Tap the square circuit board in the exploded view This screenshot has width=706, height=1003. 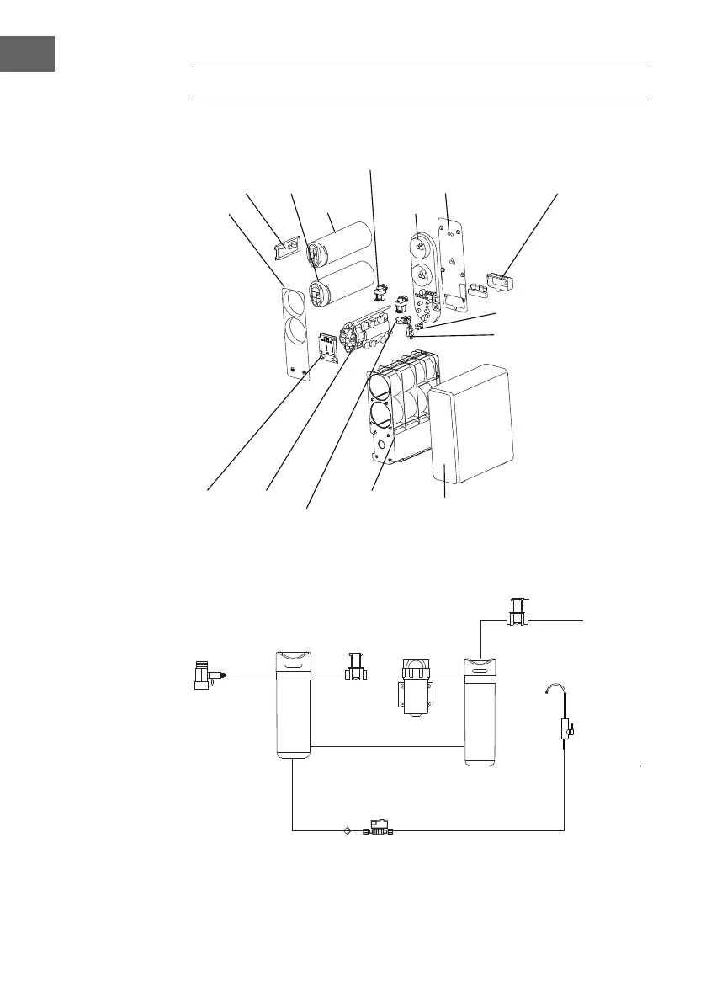pos(328,350)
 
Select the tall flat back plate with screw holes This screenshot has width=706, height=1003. pos(455,261)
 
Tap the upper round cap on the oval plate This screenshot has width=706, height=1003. pos(420,245)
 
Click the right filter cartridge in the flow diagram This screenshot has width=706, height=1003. pos(482,712)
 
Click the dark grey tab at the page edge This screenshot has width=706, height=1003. pos(27,53)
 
